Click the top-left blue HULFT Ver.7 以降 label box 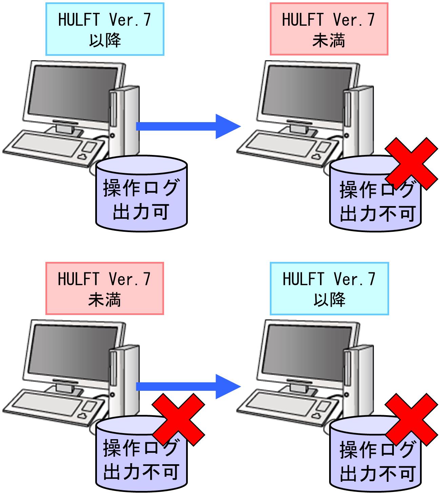tap(105, 29)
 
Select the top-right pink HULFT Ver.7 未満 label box tap(329, 29)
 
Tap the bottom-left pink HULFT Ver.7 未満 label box tap(105, 288)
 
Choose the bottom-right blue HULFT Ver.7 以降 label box tap(329, 289)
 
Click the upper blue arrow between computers tap(188, 126)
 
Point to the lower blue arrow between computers tap(188, 386)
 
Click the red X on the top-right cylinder tap(412, 164)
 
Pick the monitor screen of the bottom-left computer tap(72, 353)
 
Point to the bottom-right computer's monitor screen tap(306, 353)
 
